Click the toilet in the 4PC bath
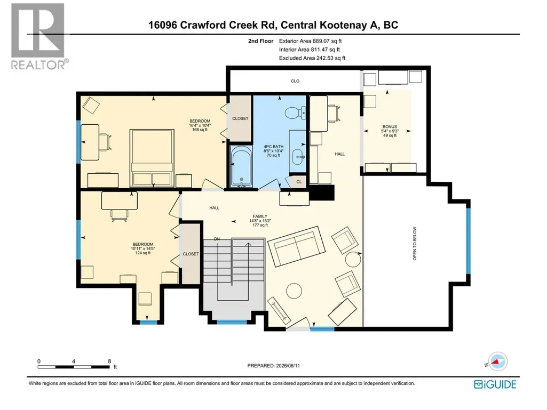click(x=296, y=112)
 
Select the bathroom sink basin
click(x=298, y=157)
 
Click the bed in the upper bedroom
click(x=152, y=158)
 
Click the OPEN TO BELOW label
click(x=415, y=243)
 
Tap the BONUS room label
click(x=390, y=126)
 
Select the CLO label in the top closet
click(x=295, y=81)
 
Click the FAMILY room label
click(x=260, y=216)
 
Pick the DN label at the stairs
click(x=217, y=239)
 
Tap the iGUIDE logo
click(x=495, y=384)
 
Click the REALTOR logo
click(x=38, y=36)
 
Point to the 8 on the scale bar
click(x=109, y=361)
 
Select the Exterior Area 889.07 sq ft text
click(x=310, y=41)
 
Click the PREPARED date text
click(x=273, y=366)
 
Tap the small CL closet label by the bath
click(x=299, y=182)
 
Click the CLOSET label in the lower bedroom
click(x=191, y=254)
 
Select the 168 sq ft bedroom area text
click(x=200, y=130)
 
